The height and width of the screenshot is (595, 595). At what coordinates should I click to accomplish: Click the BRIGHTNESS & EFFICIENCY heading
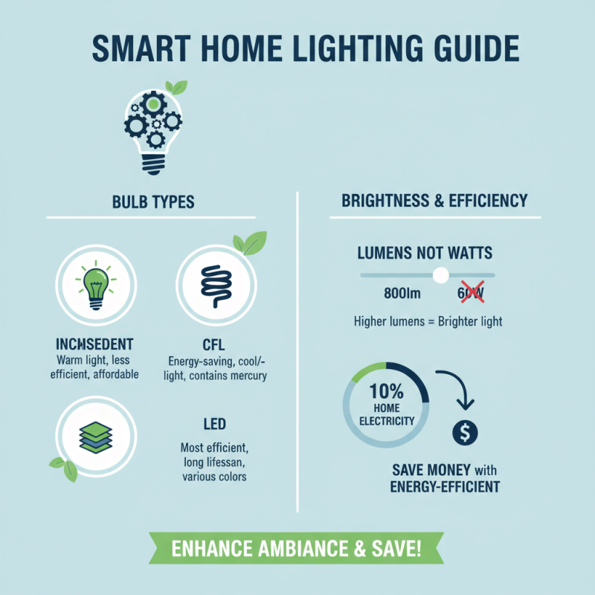434,201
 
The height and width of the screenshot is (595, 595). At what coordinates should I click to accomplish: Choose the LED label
214,424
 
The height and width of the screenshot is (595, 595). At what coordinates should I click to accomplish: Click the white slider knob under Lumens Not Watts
441,275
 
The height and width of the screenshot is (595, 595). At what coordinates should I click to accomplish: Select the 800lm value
403,294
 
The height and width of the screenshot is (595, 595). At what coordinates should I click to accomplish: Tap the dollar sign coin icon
464,433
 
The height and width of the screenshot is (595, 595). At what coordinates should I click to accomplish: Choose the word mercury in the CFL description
247,376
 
